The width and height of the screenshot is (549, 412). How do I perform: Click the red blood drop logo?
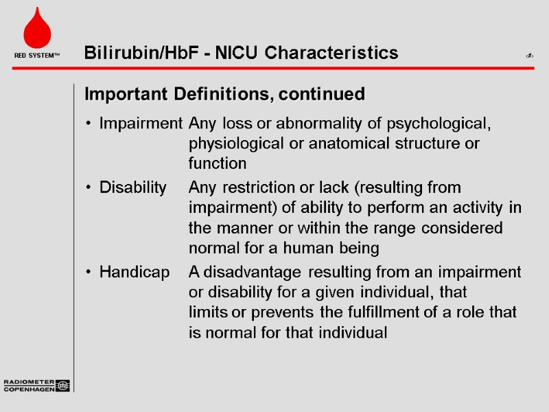(36, 30)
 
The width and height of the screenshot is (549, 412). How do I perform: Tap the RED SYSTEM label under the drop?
(36, 55)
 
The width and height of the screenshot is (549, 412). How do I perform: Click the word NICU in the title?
(239, 53)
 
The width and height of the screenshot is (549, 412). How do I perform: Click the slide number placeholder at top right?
(529, 55)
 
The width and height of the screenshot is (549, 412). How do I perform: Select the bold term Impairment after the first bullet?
(141, 124)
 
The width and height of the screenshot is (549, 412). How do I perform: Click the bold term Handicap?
(135, 272)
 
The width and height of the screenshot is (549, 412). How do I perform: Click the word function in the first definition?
(218, 163)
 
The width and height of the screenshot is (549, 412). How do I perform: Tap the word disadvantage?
(261, 272)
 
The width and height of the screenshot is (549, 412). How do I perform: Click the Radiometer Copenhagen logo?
(36, 385)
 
